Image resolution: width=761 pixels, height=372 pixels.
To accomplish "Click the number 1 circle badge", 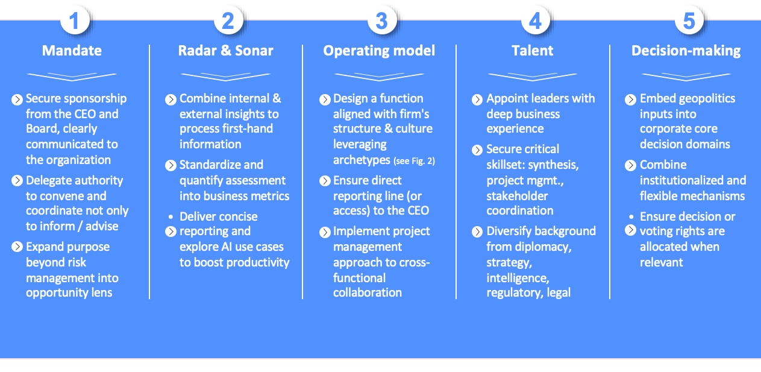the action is [75, 20].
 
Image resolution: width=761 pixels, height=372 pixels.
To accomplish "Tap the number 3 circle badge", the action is [382, 20].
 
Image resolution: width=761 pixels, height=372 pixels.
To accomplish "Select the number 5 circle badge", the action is [689, 20].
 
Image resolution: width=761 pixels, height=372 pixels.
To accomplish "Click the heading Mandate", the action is [72, 51].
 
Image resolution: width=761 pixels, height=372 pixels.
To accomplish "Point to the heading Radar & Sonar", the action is [225, 51].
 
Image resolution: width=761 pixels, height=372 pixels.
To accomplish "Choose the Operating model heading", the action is [379, 51].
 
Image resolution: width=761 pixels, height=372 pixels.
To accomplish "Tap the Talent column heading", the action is [533, 51].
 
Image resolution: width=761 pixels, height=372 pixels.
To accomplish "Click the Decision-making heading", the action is [686, 51].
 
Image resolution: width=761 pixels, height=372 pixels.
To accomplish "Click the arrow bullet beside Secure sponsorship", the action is [17, 99].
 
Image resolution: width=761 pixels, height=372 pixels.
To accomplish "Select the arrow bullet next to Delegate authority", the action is [17, 180].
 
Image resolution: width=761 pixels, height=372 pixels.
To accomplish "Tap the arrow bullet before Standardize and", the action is [171, 165].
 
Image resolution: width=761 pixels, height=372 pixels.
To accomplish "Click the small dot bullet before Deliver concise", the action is [171, 216].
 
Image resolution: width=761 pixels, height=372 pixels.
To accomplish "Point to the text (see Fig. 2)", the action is [414, 161].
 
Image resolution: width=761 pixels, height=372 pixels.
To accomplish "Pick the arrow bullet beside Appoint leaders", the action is [477, 99].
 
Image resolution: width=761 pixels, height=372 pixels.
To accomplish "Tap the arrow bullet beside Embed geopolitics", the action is [630, 99].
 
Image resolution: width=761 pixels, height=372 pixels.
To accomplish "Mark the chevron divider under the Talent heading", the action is [533, 77].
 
